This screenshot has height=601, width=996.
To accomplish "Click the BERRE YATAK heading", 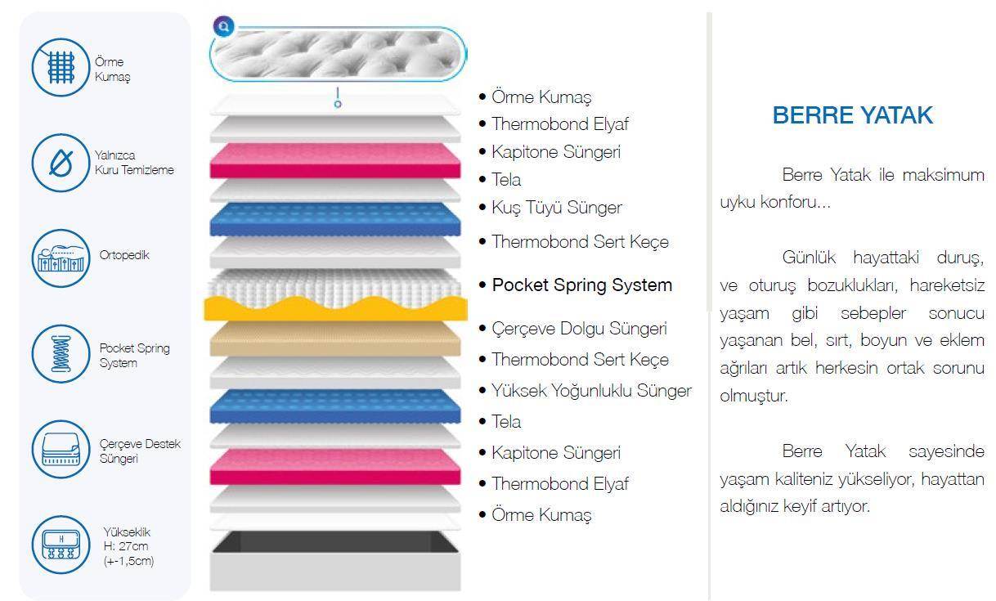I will coord(852,115).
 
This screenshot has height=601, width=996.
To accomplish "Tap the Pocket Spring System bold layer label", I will coord(581,285).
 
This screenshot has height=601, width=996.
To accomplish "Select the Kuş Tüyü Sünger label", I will coord(556,208).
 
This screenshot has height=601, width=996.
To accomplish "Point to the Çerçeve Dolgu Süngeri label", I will coord(579,329).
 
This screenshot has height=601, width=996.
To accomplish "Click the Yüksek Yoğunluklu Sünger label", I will coord(591,391).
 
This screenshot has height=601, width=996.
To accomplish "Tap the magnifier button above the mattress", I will coord(222,26).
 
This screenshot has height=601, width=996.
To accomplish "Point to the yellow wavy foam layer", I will coord(336,308).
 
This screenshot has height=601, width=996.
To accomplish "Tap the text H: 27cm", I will coord(126,546).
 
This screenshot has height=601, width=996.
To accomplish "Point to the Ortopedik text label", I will coord(124,255).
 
